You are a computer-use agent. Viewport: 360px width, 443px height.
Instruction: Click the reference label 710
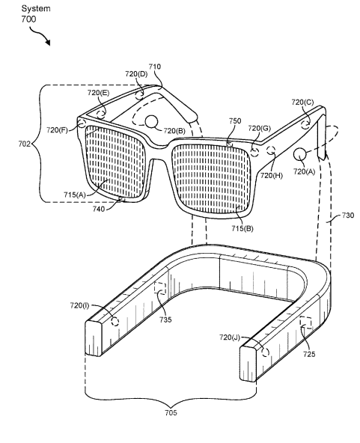coord(155,67)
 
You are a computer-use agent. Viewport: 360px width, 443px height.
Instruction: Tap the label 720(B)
coord(174,131)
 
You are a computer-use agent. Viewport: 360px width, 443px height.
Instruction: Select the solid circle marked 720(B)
coord(151,121)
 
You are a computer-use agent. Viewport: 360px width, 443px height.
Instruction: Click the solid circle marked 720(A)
coord(300,155)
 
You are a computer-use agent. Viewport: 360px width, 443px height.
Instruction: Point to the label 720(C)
coord(302,102)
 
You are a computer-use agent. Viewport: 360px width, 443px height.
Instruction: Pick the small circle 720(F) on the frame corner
coord(82,123)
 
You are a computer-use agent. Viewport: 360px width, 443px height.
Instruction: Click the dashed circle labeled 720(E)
coord(101,114)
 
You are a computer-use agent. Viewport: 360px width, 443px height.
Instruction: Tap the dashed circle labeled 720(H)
coord(271,150)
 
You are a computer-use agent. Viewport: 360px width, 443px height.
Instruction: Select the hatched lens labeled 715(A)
coord(115,161)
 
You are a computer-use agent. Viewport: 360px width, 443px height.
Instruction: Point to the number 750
coord(235,121)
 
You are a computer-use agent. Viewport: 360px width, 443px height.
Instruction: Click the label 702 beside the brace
coord(24,144)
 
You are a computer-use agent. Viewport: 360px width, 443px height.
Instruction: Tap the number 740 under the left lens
coord(99,209)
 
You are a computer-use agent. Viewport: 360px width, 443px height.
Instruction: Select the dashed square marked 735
coord(160,288)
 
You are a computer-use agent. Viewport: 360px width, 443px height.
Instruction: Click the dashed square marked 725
coord(306,323)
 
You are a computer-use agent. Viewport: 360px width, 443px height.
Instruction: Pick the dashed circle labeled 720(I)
coord(115,322)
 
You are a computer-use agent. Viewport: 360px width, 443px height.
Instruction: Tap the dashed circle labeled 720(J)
coord(265,352)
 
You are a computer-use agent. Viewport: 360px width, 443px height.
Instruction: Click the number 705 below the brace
coord(171,413)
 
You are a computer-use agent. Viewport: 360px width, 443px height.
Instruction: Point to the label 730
coord(347,216)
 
